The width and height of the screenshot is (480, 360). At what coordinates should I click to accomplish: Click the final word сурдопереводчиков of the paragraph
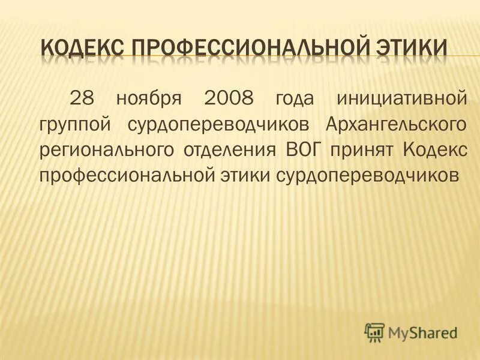pos(365,175)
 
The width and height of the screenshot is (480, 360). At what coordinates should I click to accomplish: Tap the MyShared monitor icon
pos(375,331)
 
